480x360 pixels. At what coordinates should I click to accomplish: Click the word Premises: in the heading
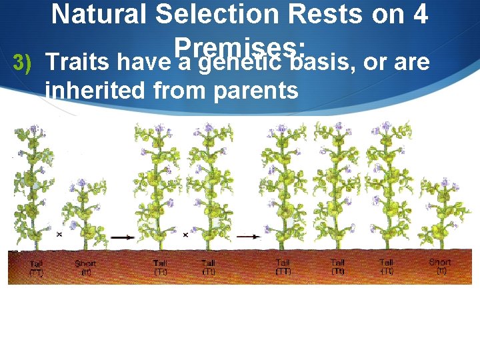[x=239, y=45]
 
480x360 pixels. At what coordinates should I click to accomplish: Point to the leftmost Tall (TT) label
[x=35, y=268]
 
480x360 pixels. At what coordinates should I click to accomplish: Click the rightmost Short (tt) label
[x=440, y=267]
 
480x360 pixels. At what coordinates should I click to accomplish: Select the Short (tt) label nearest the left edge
[x=85, y=268]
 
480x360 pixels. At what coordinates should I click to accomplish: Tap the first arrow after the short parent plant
[x=121, y=237]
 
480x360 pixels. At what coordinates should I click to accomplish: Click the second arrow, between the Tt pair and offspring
[x=248, y=237]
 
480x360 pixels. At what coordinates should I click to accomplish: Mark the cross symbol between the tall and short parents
[x=59, y=235]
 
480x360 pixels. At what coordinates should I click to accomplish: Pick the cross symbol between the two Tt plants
[x=185, y=235]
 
